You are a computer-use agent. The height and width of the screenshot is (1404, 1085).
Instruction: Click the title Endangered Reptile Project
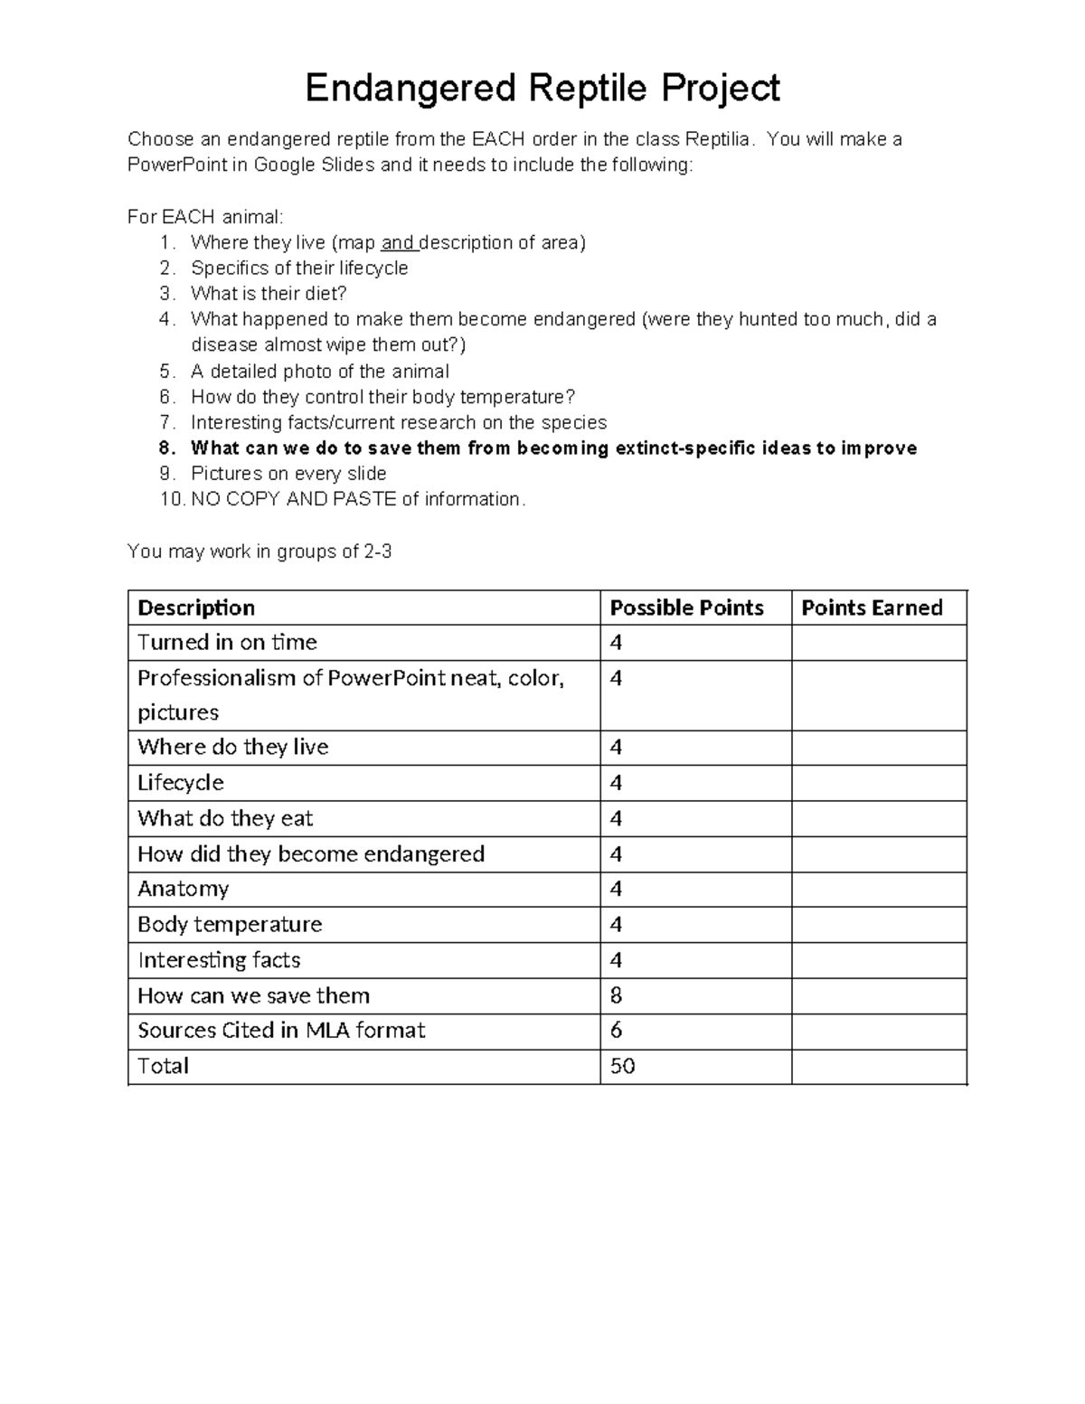pyautogui.click(x=542, y=89)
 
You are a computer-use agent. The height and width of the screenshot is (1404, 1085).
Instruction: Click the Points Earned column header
pyautogui.click(x=872, y=608)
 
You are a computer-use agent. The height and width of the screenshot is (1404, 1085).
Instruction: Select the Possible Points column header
pyautogui.click(x=686, y=608)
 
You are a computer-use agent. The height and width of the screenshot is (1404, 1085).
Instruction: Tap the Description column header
pyautogui.click(x=196, y=608)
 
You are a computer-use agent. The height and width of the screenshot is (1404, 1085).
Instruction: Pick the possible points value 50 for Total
pyautogui.click(x=622, y=1066)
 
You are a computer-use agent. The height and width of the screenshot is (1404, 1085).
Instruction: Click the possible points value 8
pyautogui.click(x=617, y=995)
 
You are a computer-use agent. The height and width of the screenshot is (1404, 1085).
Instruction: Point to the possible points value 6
pyautogui.click(x=617, y=1031)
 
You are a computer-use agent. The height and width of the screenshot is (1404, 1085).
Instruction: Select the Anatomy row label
pyautogui.click(x=183, y=889)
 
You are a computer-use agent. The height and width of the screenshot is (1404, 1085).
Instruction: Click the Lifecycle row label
pyautogui.click(x=181, y=782)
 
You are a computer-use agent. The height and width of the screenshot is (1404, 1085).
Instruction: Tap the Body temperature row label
pyautogui.click(x=230, y=924)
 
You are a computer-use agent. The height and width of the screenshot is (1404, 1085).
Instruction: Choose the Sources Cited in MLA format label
pyautogui.click(x=281, y=1031)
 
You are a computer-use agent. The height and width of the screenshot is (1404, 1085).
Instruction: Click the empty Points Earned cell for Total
pyautogui.click(x=878, y=1066)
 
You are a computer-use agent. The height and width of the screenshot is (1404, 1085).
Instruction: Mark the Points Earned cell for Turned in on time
pyautogui.click(x=878, y=643)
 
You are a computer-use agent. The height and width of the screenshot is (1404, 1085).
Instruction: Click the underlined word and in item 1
pyautogui.click(x=398, y=242)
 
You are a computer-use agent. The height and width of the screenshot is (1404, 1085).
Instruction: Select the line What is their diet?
pyautogui.click(x=269, y=294)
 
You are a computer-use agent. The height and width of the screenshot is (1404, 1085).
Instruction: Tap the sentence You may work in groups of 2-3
pyautogui.click(x=259, y=551)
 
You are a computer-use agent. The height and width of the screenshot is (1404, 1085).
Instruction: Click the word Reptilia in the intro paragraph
pyautogui.click(x=718, y=139)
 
